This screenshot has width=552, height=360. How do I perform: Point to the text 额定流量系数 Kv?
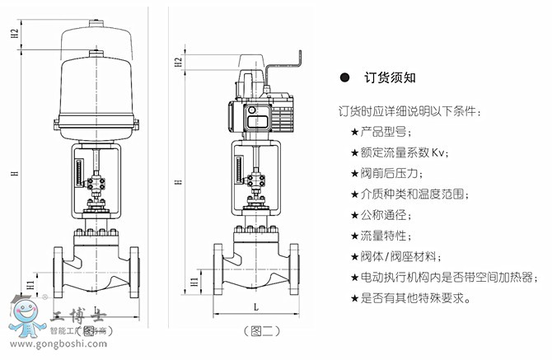click(x=404, y=152)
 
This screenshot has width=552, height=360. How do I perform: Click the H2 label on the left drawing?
click(x=15, y=34)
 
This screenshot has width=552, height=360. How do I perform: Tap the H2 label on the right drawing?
click(x=179, y=62)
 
